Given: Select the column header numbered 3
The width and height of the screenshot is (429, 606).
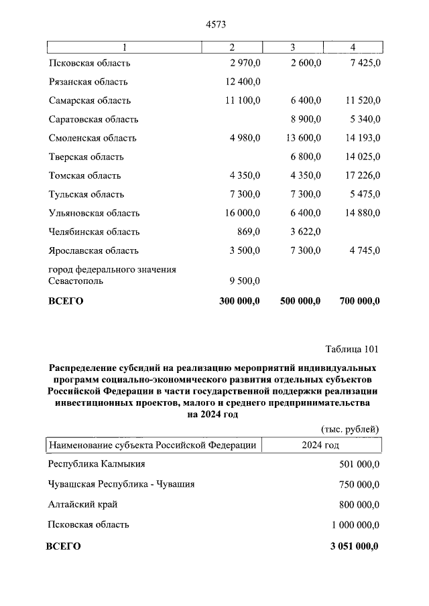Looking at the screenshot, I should [293, 47].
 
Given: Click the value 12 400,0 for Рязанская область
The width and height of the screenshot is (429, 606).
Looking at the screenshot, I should [241, 82].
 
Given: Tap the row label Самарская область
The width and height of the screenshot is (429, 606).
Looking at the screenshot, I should [90, 100].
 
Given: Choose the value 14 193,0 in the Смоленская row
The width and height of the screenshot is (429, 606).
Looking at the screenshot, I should [360, 138].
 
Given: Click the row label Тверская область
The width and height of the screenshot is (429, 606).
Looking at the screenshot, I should [86, 157].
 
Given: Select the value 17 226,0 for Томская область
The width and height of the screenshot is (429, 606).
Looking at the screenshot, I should [360, 175].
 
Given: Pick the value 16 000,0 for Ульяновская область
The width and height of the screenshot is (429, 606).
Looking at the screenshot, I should [241, 213].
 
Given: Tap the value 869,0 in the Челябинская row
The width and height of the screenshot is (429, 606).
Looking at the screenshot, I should [248, 232].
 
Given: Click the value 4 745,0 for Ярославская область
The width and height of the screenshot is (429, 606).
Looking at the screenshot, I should [363, 250].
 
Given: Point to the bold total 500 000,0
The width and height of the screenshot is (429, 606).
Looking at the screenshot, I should [300, 301].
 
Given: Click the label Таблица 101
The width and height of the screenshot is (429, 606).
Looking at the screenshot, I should [352, 349].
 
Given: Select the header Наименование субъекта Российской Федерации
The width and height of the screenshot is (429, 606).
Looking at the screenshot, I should [151, 445].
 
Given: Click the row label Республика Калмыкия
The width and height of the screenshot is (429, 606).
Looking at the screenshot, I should [97, 463].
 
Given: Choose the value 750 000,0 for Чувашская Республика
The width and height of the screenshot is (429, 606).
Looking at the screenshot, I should [356, 484].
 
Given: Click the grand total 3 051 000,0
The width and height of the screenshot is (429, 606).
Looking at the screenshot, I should [354, 546].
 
